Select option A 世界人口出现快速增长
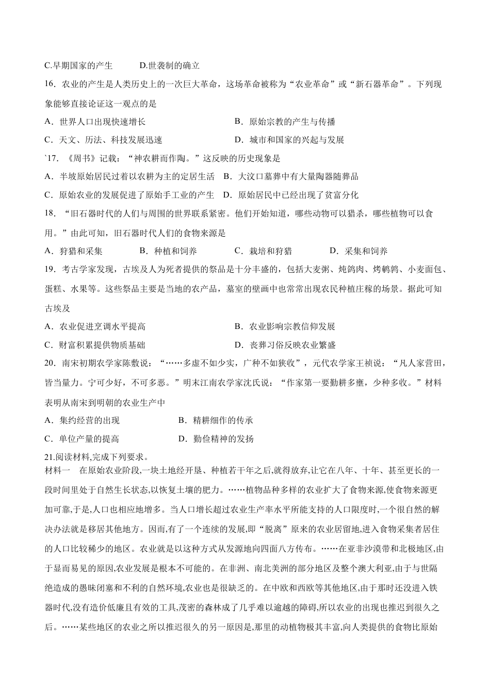pos(95,122)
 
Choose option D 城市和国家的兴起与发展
pos(289,140)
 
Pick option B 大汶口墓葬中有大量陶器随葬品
pos(291,177)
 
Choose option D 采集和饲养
pos(358,251)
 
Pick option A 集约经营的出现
pos(82,420)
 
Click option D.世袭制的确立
pos(170,65)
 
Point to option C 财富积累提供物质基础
pos(95,345)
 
